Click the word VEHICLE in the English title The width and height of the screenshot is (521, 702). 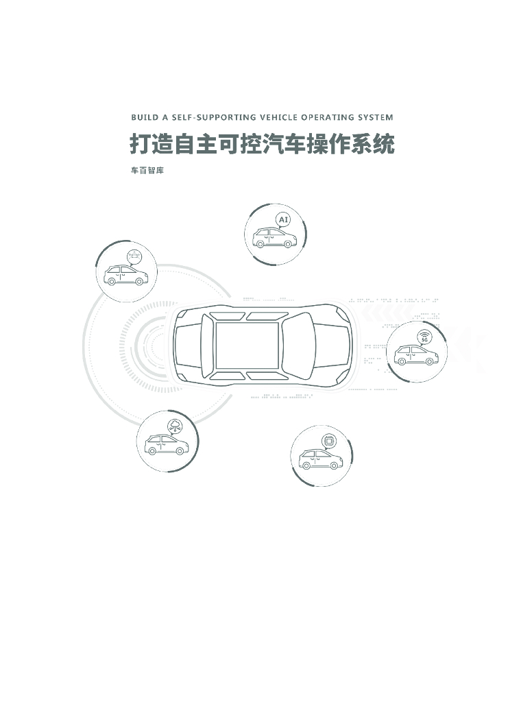(276, 117)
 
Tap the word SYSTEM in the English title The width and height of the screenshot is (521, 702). (374, 117)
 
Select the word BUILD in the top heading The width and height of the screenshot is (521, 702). (144, 117)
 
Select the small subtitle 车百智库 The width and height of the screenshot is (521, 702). (147, 171)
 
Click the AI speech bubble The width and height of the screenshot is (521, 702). (283, 219)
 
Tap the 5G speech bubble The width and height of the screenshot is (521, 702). (424, 337)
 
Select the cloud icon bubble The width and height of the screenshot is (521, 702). (175, 426)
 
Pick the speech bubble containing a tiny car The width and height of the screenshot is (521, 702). (134, 256)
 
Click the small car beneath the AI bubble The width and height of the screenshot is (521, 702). (274, 238)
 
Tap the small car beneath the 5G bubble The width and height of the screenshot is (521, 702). (415, 355)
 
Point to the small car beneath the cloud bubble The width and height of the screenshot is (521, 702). (166, 446)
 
